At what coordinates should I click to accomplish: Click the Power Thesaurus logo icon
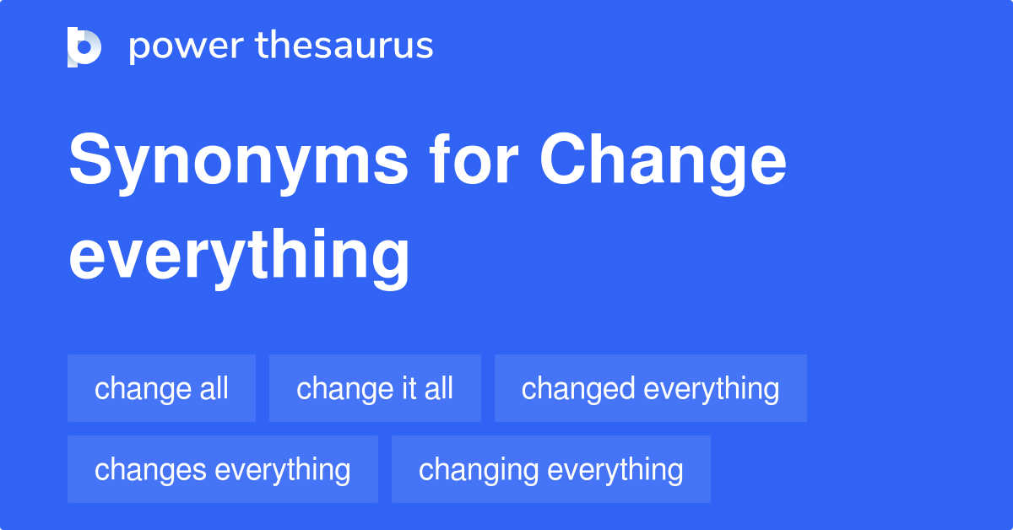pyautogui.click(x=84, y=47)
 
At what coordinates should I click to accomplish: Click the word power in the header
pyautogui.click(x=187, y=47)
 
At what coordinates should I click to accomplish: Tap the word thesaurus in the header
pyautogui.click(x=344, y=45)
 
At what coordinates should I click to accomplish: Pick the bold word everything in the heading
pyautogui.click(x=239, y=258)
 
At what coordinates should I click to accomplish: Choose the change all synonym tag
pyautogui.click(x=161, y=388)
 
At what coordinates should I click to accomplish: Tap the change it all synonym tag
pyautogui.click(x=375, y=388)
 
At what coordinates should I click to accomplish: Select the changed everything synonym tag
pyautogui.click(x=651, y=388)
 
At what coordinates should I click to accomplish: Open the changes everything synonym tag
pyautogui.click(x=223, y=469)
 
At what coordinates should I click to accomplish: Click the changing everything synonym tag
pyautogui.click(x=550, y=469)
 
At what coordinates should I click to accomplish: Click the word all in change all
pyautogui.click(x=214, y=388)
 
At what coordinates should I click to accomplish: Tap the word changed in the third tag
pyautogui.click(x=578, y=389)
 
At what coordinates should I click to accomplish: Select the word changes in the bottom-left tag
pyautogui.click(x=150, y=470)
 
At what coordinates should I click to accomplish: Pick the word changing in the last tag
pyautogui.click(x=479, y=470)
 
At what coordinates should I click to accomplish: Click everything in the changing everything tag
pyautogui.click(x=615, y=470)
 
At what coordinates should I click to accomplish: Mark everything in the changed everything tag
pyautogui.click(x=712, y=389)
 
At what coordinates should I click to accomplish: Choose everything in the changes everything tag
pyautogui.click(x=283, y=470)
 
